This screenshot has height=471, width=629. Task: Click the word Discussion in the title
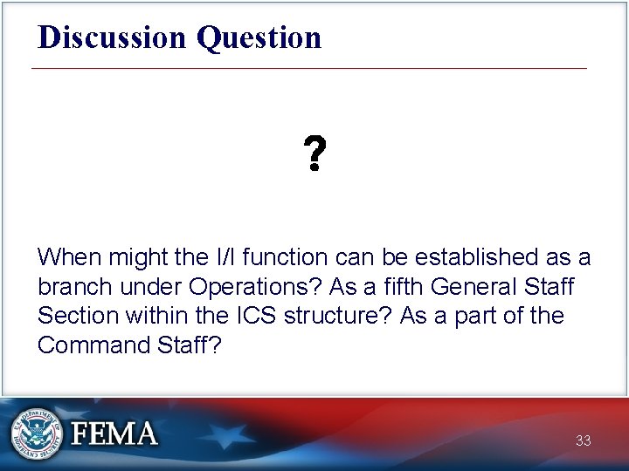[113, 38]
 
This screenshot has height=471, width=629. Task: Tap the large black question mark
[314, 154]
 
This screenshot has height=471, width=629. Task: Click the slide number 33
[583, 440]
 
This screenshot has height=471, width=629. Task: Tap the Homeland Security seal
[36, 433]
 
